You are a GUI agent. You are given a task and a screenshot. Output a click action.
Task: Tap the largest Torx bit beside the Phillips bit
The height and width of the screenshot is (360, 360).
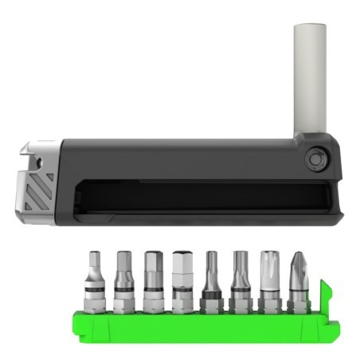click(270, 280)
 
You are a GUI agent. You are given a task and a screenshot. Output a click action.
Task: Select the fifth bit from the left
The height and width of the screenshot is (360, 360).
click(211, 280)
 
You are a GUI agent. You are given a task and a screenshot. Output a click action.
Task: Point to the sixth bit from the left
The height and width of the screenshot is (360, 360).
click(240, 280)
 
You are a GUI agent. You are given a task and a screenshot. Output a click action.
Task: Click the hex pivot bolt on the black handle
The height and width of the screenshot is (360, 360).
click(315, 159)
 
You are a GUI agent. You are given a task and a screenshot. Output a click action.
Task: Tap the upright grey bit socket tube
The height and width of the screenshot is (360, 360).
click(310, 80)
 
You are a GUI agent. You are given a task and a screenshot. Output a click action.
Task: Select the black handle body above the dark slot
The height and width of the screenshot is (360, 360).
click(175, 159)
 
